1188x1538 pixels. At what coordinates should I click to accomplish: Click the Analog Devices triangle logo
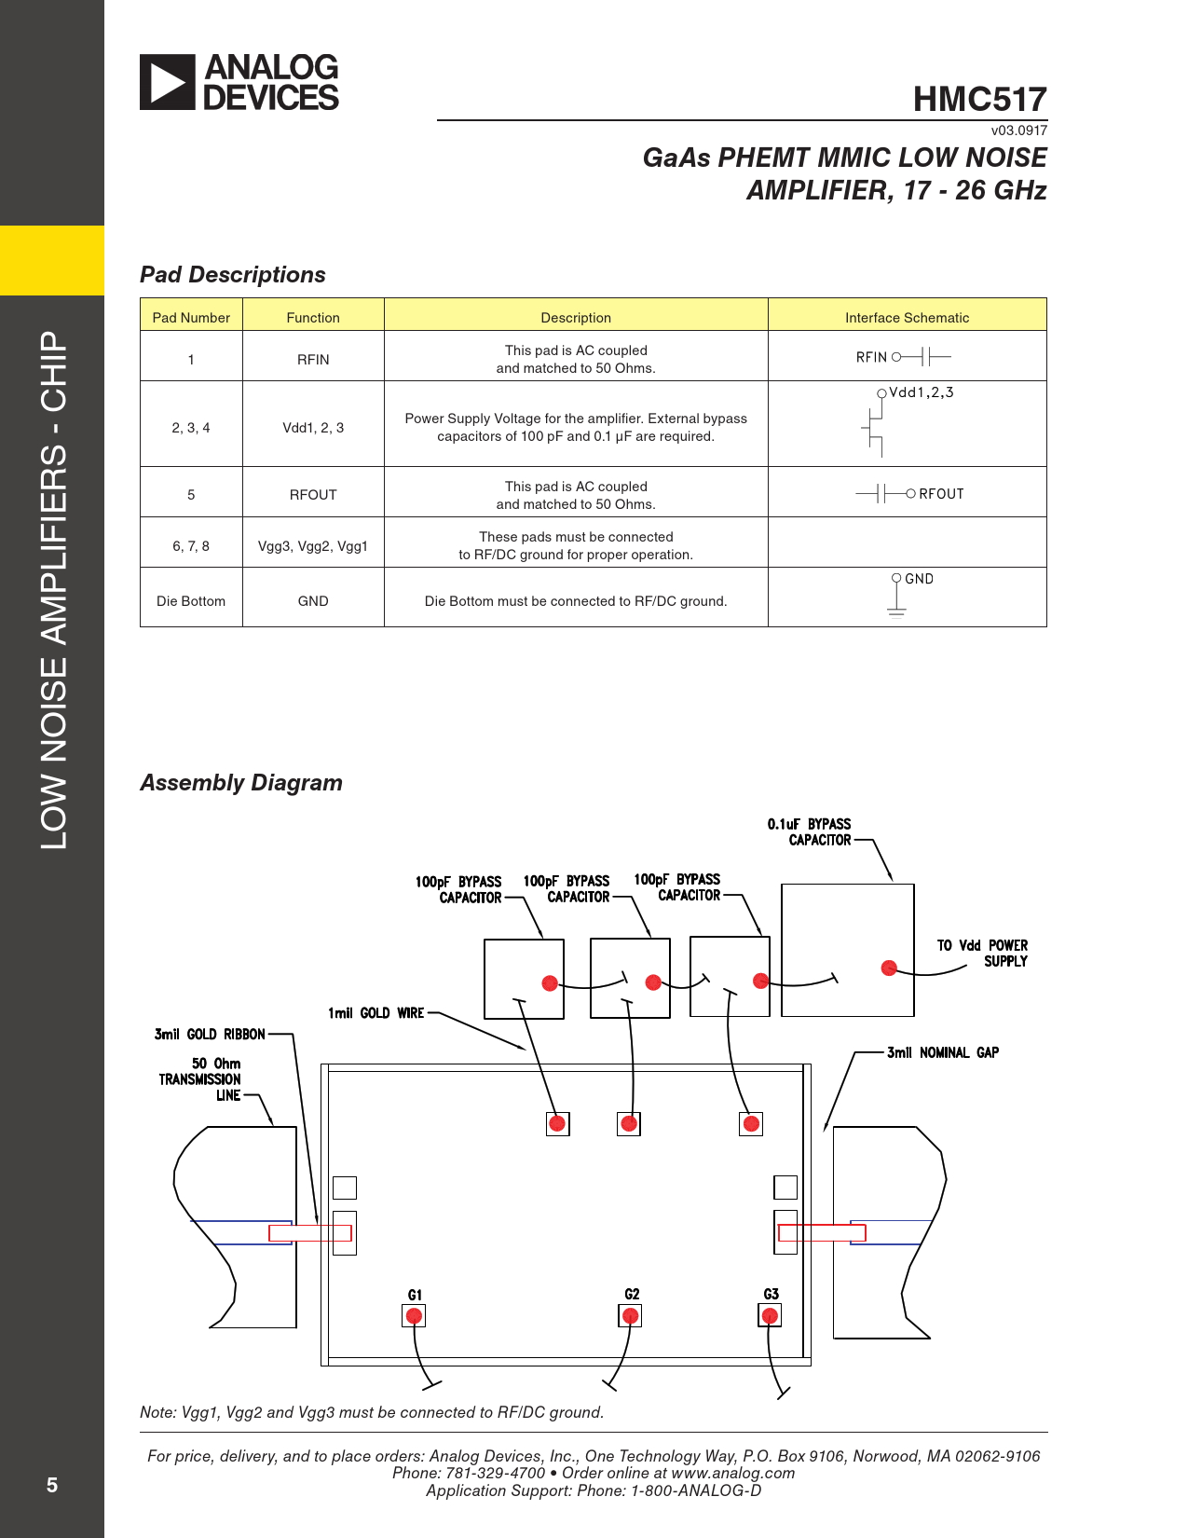[x=168, y=82]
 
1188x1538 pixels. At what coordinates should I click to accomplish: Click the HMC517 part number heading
[x=979, y=99]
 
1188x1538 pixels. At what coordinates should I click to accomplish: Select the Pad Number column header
[x=191, y=317]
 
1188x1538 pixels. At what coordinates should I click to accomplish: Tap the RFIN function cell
[x=313, y=359]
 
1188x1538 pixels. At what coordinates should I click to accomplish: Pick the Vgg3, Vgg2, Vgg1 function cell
[x=313, y=546]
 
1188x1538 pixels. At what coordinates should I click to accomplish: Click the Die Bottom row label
[x=191, y=601]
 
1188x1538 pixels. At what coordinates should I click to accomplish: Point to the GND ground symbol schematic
[x=897, y=597]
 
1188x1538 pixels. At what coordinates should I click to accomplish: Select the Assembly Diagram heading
[x=241, y=783]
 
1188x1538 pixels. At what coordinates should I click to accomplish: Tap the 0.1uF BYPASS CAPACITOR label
[x=810, y=831]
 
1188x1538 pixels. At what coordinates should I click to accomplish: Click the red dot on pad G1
[x=415, y=1316]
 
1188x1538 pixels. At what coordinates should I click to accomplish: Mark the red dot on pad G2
[x=631, y=1316]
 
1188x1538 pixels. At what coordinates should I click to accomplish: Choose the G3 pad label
[x=772, y=1294]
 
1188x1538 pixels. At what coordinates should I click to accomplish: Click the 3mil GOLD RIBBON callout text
[x=210, y=1034]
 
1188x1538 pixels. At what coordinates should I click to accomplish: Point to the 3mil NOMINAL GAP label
[x=942, y=1052]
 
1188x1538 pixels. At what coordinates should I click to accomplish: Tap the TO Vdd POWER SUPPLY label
[x=984, y=953]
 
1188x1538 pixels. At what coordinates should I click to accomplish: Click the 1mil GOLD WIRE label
[x=376, y=1013]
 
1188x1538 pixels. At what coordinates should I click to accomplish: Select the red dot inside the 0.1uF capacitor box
[x=889, y=968]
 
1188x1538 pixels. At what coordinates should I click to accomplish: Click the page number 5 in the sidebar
[x=52, y=1485]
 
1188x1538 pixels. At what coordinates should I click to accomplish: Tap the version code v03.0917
[x=1018, y=130]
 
